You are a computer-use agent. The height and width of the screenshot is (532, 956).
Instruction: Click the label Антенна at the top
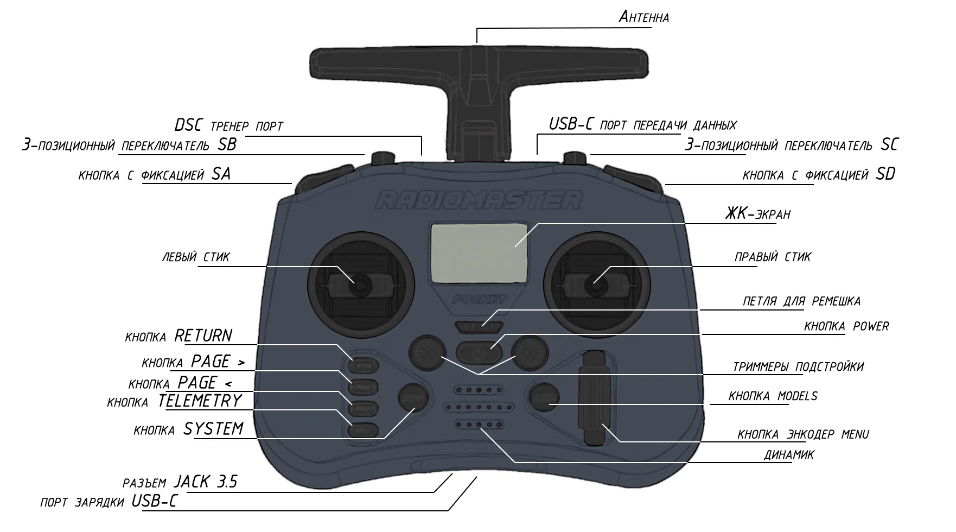coord(643,17)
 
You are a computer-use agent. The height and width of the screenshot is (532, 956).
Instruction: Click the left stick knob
coord(359,283)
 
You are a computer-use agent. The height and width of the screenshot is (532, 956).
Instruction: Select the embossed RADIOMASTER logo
coord(479,199)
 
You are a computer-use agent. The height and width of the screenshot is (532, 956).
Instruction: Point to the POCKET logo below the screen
coord(479,299)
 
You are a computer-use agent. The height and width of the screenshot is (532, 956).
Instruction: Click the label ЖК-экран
coord(757,214)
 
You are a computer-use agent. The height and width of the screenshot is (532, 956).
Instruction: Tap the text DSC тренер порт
coord(229,125)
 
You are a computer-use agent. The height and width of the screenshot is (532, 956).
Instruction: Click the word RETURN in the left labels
coord(203,335)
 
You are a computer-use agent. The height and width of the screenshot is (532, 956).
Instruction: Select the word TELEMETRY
coord(200,401)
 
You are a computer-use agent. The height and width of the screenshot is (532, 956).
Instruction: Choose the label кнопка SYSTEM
coord(188,429)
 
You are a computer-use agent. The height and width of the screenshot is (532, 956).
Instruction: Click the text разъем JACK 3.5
coord(180,482)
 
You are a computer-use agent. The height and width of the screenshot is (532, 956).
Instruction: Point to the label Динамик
coord(789,455)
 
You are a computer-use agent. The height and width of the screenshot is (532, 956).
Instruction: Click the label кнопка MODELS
coord(773,396)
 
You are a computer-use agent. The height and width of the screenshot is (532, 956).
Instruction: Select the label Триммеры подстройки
coord(798,367)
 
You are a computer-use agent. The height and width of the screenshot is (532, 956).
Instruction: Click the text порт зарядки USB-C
coord(109,501)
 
